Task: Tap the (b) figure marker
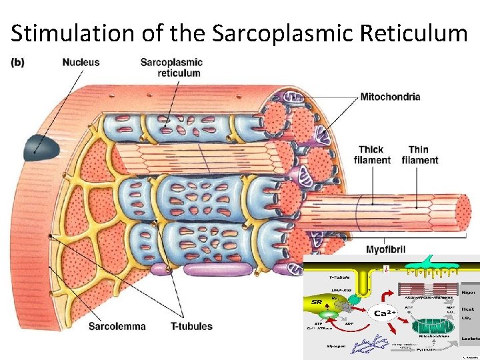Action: [18, 63]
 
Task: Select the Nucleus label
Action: [81, 63]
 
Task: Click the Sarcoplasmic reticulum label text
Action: [171, 67]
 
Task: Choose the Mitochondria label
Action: [390, 97]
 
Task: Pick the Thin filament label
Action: [420, 155]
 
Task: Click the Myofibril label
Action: [385, 249]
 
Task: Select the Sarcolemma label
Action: [117, 326]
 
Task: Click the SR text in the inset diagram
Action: [316, 302]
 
